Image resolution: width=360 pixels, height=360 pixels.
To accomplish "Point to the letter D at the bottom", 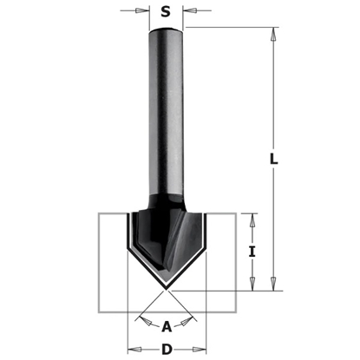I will point(165,348).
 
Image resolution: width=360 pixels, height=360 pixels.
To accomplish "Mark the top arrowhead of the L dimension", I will point(274,34).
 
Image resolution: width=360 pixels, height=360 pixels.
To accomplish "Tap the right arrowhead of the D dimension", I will point(200,348).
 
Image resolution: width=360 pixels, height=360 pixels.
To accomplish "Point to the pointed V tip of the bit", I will point(164,287).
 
